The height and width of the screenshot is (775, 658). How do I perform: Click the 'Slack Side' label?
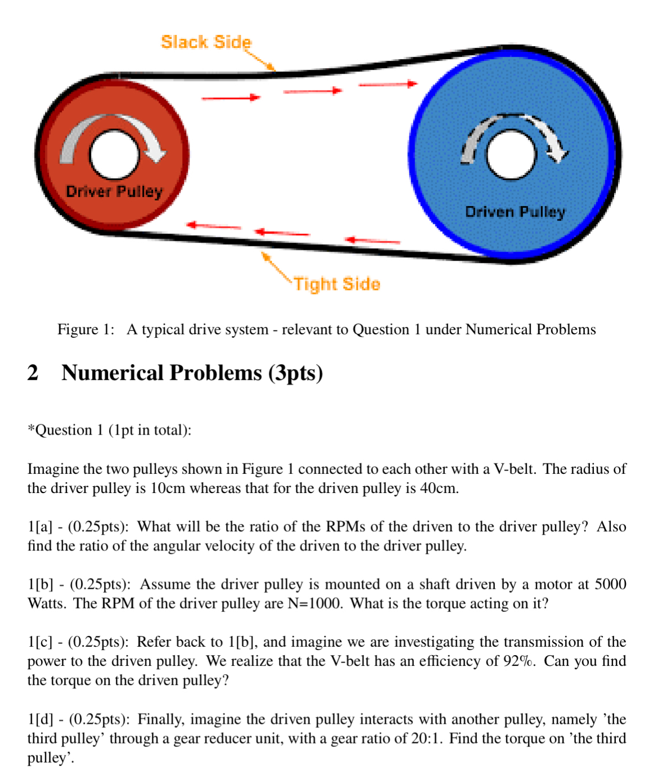206,42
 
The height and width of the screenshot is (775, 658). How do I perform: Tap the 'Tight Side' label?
337,284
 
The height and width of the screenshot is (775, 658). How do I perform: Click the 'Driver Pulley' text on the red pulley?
114,191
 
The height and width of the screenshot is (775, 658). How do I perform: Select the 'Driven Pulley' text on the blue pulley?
515,212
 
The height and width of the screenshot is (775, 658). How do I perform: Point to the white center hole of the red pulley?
114,155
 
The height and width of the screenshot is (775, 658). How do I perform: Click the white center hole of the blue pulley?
511,155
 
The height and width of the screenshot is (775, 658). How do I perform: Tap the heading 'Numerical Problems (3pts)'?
192,373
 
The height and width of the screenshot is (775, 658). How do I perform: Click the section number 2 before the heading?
33,373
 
